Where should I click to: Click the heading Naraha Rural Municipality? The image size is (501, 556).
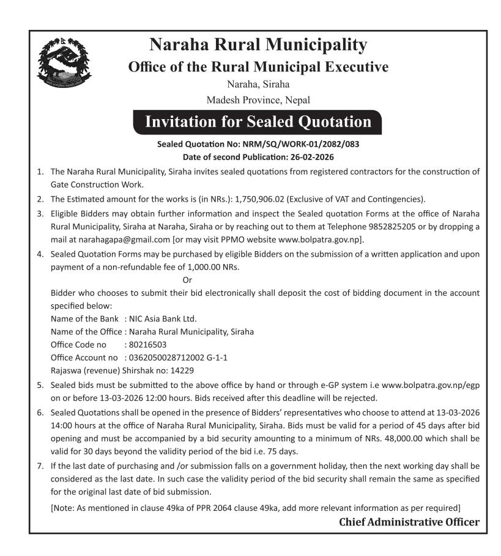258,45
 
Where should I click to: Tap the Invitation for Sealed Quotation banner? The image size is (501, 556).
258,122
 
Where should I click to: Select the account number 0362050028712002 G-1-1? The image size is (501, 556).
177,357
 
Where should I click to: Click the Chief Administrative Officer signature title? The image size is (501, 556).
409,522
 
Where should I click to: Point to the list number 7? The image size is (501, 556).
40,466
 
